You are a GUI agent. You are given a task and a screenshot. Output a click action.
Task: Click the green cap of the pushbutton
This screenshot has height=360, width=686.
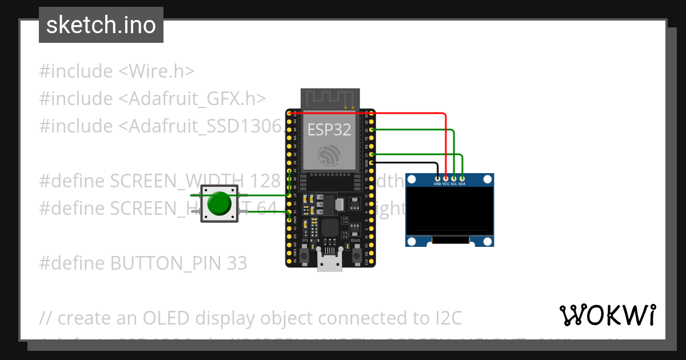click(x=220, y=203)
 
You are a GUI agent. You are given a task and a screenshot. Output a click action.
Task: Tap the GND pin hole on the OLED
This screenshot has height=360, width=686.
click(x=437, y=179)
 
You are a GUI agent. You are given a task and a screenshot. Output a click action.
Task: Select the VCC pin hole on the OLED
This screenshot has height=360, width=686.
click(x=446, y=179)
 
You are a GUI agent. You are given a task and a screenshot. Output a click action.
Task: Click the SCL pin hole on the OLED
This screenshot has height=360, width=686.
click(x=454, y=179)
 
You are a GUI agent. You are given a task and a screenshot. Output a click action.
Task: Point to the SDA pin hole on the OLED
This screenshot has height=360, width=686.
click(x=462, y=179)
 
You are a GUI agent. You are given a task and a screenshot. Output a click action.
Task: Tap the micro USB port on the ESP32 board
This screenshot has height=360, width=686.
click(x=331, y=263)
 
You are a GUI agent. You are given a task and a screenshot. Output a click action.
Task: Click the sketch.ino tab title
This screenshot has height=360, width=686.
click(x=101, y=25)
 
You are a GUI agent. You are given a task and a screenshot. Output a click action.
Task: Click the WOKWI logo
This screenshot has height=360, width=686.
click(x=607, y=315)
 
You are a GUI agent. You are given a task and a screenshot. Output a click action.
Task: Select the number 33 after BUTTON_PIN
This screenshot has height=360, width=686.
click(x=236, y=263)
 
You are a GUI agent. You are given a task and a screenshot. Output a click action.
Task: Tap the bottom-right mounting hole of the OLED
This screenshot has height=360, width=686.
click(x=487, y=241)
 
